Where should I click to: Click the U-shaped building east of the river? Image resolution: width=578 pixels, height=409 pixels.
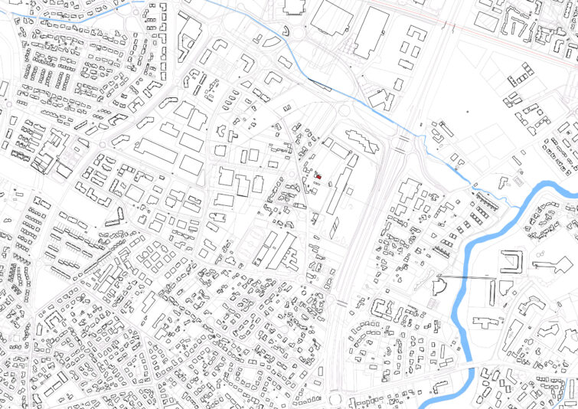click(511, 263)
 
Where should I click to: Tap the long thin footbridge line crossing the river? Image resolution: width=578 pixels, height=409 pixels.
click(464, 276)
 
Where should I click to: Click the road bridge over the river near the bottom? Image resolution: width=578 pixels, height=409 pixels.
click(469, 370)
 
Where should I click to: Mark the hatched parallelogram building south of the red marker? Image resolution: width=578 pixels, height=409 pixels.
click(335, 227)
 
